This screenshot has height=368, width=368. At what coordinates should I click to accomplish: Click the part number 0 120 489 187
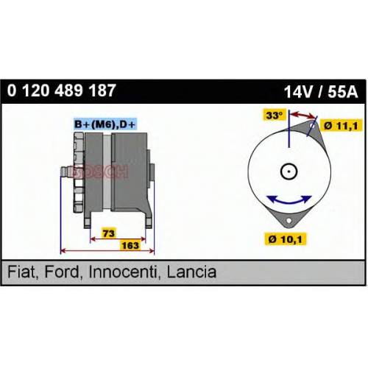(61, 91)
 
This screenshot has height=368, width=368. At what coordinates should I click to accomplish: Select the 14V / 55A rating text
(321, 93)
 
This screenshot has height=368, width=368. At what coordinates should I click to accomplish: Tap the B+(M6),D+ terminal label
(105, 124)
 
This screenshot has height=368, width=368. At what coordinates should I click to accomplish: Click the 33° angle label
(275, 115)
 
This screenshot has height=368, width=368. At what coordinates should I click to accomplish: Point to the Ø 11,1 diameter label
(341, 126)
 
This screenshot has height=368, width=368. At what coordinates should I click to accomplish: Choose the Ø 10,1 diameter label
(286, 238)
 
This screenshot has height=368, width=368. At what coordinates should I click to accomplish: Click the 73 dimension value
(109, 233)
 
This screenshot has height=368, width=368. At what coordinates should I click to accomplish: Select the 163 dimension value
(130, 245)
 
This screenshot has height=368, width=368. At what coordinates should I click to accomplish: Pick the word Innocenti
(123, 272)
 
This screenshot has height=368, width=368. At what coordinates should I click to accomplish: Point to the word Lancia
(191, 272)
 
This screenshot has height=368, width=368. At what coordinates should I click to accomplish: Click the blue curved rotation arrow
(289, 202)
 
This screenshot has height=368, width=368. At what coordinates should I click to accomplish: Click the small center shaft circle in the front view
(289, 171)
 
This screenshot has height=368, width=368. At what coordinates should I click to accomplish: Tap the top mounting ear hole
(312, 126)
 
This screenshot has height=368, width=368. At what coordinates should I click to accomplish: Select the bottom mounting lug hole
(289, 221)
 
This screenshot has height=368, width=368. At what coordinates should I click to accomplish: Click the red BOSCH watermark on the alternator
(101, 171)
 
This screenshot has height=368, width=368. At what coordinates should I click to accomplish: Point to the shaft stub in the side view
(66, 171)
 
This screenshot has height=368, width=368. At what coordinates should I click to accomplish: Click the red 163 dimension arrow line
(107, 251)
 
